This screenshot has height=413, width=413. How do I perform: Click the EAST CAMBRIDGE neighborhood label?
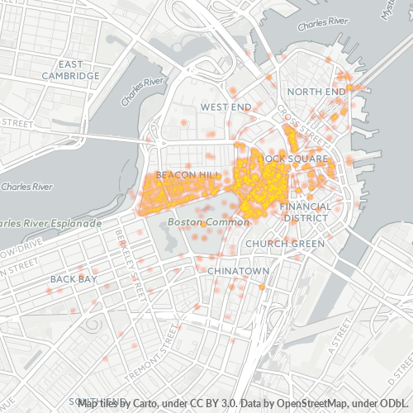(x=73, y=69)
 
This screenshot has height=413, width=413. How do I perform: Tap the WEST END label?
(x=225, y=107)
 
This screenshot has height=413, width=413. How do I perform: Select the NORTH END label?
(x=316, y=91)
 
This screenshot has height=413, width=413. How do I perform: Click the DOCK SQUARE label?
(x=295, y=157)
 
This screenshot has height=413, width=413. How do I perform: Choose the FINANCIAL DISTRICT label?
(x=305, y=211)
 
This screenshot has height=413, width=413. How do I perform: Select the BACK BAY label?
(x=74, y=279)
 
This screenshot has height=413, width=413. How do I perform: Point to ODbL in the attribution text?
(x=389, y=402)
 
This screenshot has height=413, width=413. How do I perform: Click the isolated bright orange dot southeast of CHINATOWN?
(x=262, y=287)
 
